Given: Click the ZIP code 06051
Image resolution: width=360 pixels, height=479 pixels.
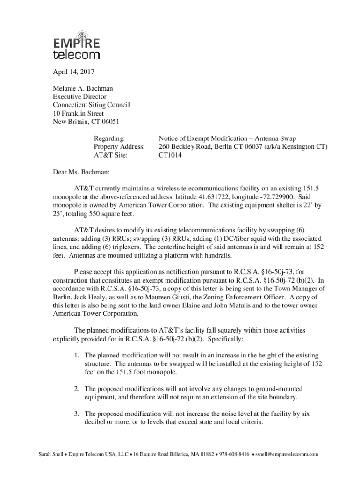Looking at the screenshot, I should pyautogui.click(x=110, y=122).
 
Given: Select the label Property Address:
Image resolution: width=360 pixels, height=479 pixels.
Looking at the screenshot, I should pyautogui.click(x=119, y=147).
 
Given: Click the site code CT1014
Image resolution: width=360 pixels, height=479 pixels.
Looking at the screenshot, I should pyautogui.click(x=170, y=155).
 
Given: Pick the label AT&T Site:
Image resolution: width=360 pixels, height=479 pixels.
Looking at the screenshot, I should pyautogui.click(x=111, y=155).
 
